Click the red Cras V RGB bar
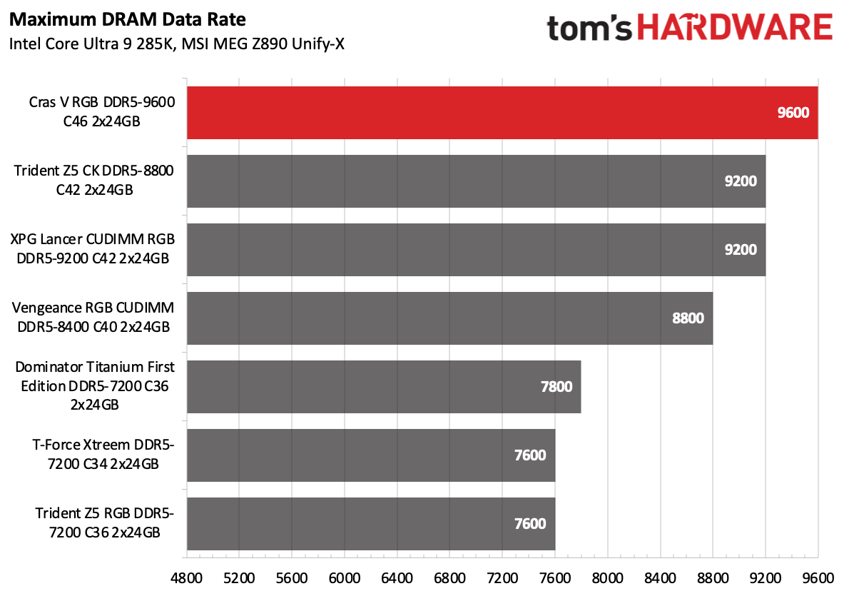point(499,112)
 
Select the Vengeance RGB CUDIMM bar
point(449,318)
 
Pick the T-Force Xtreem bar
point(371,455)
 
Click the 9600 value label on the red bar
point(793,112)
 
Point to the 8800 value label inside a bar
point(688,318)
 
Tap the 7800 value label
point(556,386)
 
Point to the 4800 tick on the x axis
point(186,575)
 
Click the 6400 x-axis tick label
point(397,575)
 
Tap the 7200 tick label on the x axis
point(502,575)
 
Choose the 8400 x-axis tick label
point(660,575)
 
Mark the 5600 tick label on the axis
point(292,575)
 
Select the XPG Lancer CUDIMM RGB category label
point(93,249)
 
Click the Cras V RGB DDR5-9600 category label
point(102,112)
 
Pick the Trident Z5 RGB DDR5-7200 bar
point(371,523)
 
